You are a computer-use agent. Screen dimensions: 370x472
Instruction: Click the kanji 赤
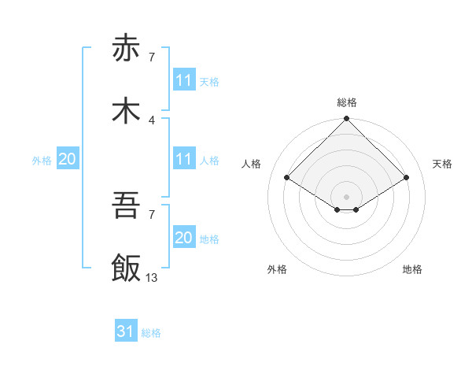(x=126, y=49)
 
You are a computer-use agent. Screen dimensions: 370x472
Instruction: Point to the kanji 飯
(x=126, y=268)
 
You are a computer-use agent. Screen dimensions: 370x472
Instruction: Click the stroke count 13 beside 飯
(x=151, y=277)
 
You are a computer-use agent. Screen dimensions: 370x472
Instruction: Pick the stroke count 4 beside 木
(x=151, y=120)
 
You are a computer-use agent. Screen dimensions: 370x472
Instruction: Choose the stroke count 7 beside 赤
(x=151, y=57)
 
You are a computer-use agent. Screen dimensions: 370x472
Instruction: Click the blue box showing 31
(x=126, y=332)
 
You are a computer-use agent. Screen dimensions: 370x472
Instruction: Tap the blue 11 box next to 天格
(x=183, y=80)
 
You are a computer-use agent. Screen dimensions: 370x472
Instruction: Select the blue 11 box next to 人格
(x=183, y=159)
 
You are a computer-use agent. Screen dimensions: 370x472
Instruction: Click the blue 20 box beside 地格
(x=183, y=238)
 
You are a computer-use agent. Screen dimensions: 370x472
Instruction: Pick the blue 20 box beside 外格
(x=67, y=159)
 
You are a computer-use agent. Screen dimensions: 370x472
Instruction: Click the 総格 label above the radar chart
(x=347, y=102)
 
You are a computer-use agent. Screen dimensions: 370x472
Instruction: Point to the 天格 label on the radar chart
(x=442, y=164)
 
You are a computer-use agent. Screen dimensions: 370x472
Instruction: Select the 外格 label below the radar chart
(x=277, y=269)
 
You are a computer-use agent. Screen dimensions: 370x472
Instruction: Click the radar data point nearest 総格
(x=347, y=120)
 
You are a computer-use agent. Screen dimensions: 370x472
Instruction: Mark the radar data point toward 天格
(x=407, y=178)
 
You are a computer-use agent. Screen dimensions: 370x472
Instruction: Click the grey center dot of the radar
(x=347, y=196)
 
